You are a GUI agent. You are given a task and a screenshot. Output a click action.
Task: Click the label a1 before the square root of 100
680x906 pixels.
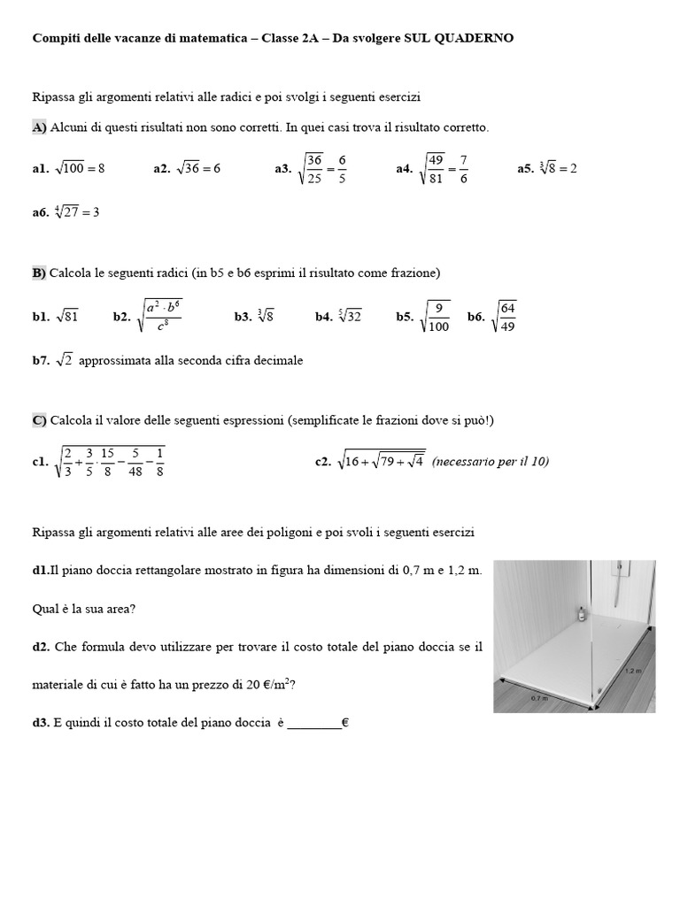[x=41, y=169]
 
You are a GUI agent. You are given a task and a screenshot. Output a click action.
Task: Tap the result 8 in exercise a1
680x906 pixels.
[x=101, y=168]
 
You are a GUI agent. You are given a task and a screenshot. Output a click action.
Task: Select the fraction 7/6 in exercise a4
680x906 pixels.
[x=463, y=168]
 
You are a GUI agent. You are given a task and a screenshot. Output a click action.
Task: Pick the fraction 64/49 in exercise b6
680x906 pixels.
[x=507, y=317]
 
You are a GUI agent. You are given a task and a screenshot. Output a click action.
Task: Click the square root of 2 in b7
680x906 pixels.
[x=64, y=360]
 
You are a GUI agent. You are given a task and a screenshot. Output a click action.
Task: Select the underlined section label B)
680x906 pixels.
[x=39, y=273]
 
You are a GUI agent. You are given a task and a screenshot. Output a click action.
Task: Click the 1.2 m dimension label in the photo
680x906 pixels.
[x=632, y=671]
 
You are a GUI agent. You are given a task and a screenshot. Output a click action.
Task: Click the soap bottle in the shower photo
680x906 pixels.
[x=582, y=612]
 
